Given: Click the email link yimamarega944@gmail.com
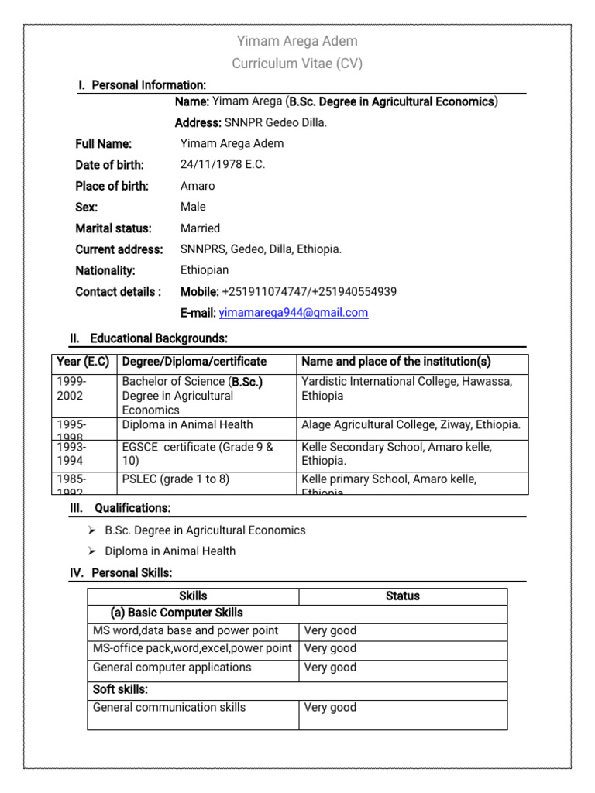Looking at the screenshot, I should point(293,313).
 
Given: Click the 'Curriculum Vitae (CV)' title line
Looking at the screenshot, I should point(297,64).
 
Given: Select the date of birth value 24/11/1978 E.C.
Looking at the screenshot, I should point(222,165).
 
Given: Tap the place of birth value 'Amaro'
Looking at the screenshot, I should point(198,186).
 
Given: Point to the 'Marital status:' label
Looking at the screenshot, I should point(113,228).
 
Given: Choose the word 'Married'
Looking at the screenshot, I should point(200,228).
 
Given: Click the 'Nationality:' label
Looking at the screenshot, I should point(105,270).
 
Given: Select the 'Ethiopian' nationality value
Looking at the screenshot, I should point(205,270).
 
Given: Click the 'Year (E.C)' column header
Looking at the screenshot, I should point(83,362).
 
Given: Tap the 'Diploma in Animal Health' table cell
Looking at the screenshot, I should point(187,424).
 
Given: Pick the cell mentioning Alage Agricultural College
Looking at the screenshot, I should point(411,424).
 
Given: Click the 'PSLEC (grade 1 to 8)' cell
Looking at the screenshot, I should point(176,479).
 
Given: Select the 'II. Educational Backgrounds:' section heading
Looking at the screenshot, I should point(149,338).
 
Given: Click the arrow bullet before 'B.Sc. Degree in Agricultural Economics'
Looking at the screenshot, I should point(91,530).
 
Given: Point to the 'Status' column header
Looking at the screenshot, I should point(402,596).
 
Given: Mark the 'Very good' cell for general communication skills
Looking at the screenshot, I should point(330,707).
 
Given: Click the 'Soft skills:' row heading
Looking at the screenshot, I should point(120,689).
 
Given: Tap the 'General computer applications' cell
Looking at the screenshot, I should point(172,667).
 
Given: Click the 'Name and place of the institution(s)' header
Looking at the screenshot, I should point(396,362).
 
